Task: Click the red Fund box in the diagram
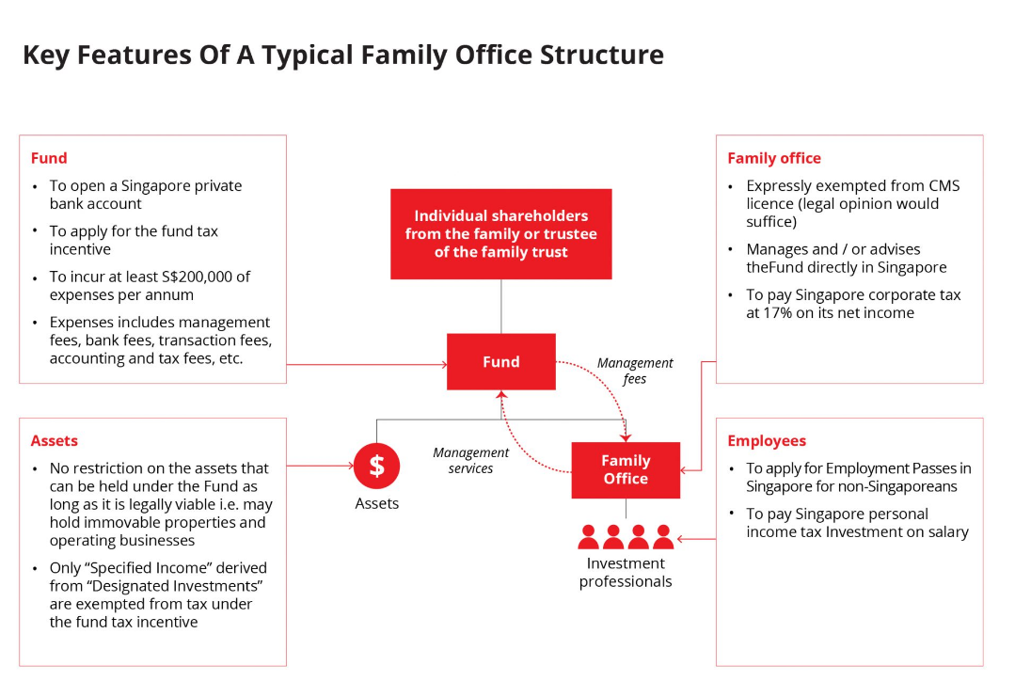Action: coord(500,362)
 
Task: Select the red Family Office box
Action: coord(626,469)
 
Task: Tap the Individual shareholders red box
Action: coord(501,233)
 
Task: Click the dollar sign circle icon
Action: coord(376,466)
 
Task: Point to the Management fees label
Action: coord(635,371)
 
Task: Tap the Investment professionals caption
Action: coord(626,572)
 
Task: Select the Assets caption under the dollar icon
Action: coord(376,504)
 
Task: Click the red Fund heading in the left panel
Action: coord(49,158)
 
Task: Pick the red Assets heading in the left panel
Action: coord(54,440)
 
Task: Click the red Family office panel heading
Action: coord(773,158)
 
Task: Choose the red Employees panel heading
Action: coord(767,440)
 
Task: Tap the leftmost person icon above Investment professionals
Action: coord(589,537)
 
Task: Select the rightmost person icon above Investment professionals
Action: coord(663,537)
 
